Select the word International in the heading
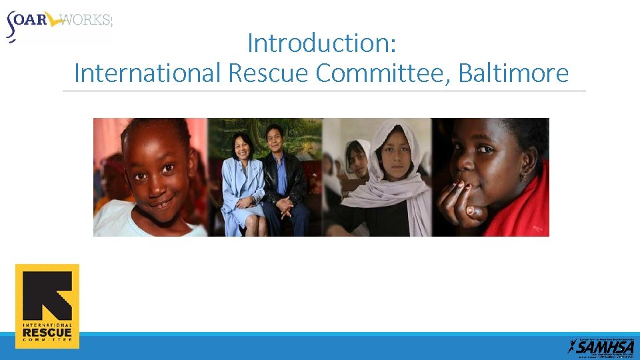(x=147, y=73)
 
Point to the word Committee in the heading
(x=385, y=73)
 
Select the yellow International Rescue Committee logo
(x=47, y=306)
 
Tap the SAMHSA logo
(x=601, y=345)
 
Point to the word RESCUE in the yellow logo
(x=47, y=332)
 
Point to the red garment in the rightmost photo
(x=527, y=207)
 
